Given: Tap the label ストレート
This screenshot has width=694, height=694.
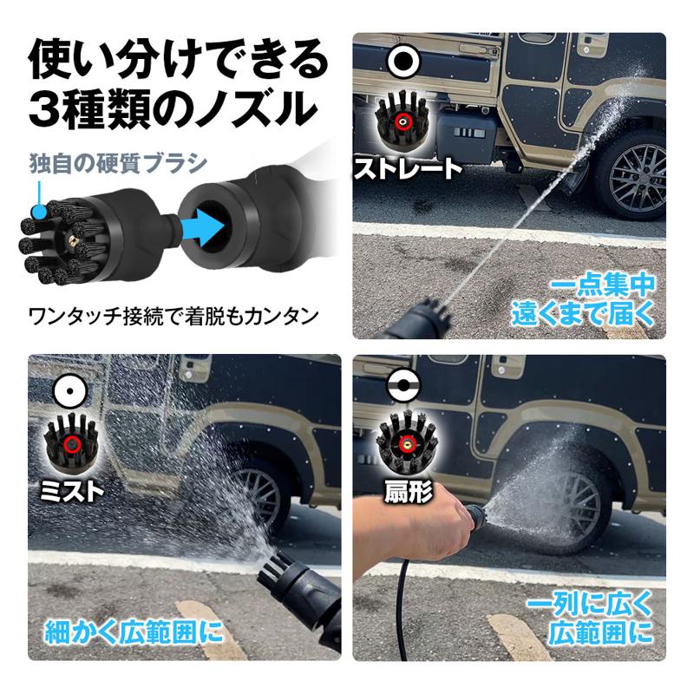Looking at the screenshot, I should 407,167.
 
